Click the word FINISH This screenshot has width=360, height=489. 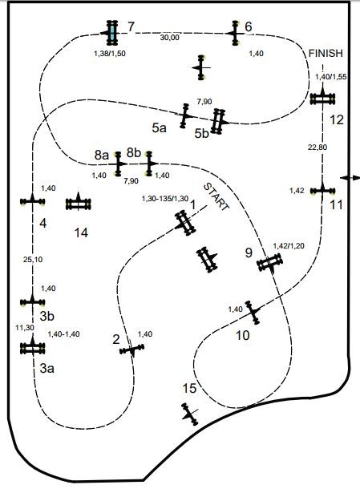click(326, 54)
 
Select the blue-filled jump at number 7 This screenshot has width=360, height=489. click(112, 33)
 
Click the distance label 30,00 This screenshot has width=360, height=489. click(170, 38)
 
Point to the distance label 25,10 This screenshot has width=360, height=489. click(33, 259)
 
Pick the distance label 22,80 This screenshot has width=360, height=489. click(318, 147)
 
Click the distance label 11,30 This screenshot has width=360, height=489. click(25, 327)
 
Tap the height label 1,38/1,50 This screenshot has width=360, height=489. click(110, 54)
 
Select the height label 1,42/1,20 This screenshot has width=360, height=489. click(289, 246)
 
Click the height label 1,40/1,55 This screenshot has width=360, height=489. click(331, 77)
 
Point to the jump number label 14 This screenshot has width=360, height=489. click(81, 232)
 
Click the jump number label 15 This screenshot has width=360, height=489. click(189, 388)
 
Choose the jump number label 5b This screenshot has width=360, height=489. click(201, 134)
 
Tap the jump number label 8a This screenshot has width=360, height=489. click(102, 155)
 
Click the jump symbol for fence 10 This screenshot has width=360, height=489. click(253, 313)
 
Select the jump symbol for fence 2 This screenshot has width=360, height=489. click(132, 350)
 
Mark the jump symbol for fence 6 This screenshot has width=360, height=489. click(235, 33)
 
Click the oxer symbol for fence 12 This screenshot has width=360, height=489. click(322, 99)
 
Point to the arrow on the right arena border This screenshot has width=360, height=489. click(350, 177)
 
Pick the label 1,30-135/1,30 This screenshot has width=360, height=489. click(165, 198)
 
